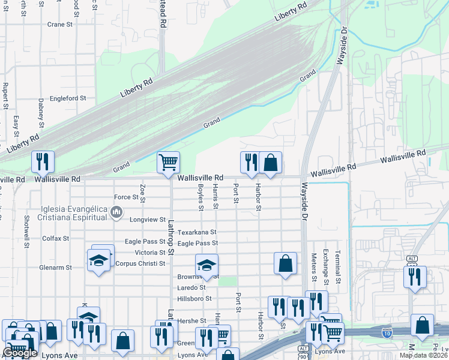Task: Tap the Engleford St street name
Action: (68, 98)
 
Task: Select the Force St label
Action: (126, 197)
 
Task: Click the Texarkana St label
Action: (196, 232)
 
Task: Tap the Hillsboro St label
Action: (194, 298)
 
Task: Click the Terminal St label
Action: (338, 268)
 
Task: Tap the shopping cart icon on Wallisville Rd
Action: (168, 161)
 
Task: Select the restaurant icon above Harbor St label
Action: (250, 161)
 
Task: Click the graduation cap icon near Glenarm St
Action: (99, 260)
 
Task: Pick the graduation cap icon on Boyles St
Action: (206, 265)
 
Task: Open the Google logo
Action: (20, 353)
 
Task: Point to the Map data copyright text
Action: (423, 355)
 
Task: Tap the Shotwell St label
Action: (27, 232)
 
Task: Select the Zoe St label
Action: (142, 193)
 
